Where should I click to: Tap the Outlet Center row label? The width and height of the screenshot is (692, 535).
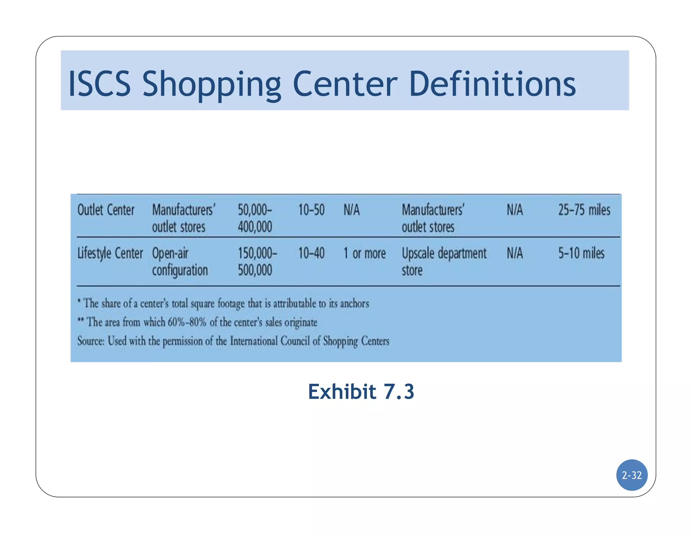[106, 210]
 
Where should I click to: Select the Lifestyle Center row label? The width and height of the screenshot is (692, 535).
[110, 253]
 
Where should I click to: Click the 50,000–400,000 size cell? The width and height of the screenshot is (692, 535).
[255, 218]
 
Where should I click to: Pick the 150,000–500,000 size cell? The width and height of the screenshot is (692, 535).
[257, 261]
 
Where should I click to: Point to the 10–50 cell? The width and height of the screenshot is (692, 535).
[311, 210]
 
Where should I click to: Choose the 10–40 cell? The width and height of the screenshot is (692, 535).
[311, 253]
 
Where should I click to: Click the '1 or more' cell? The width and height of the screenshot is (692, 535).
[365, 253]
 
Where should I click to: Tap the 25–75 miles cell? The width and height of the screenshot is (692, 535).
[584, 210]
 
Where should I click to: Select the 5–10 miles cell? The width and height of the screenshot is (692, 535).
[581, 253]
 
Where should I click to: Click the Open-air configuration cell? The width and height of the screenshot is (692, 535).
[180, 261]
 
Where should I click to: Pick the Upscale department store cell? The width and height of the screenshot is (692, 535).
[444, 261]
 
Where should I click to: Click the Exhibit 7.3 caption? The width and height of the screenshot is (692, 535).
[361, 392]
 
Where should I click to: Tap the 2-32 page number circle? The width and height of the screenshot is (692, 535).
[632, 475]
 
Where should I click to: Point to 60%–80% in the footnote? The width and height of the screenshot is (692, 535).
[187, 322]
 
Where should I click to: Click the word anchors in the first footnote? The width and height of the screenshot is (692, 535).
[354, 303]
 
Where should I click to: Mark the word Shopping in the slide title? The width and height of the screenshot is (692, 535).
[212, 85]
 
